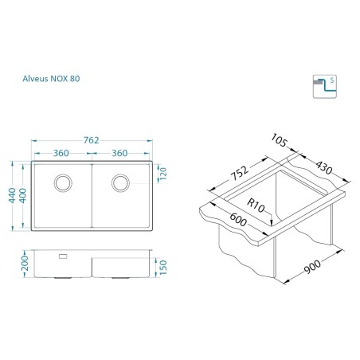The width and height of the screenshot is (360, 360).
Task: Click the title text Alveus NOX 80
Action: pos(51,79)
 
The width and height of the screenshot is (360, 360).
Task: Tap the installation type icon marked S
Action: pos(325,87)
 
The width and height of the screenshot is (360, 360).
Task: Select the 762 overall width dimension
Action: pos(91,140)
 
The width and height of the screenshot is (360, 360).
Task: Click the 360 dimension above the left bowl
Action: pos(61,153)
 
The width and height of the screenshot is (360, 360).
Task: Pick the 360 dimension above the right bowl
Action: pos(119,153)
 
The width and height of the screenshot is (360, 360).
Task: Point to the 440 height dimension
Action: pos(12,195)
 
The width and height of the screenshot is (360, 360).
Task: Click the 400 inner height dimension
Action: pos(23,196)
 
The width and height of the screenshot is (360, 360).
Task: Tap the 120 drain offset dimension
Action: pos(163,174)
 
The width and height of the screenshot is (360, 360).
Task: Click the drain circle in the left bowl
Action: pos(63,183)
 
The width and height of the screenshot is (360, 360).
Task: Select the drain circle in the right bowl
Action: pos(120,183)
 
